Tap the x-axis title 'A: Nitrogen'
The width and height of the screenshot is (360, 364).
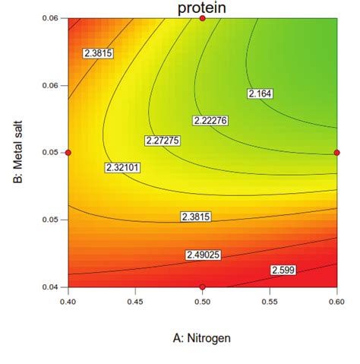tap(202, 337)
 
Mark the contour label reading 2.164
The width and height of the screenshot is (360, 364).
tap(260, 93)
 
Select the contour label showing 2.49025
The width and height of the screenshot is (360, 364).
tap(204, 255)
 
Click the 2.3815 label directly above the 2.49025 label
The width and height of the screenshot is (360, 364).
tap(197, 217)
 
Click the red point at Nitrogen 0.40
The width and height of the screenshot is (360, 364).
tap(68, 153)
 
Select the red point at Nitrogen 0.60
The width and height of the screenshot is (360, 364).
tap(336, 153)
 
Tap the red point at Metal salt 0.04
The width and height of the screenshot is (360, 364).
tap(202, 286)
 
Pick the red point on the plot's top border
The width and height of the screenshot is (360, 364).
tap(202, 17)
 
